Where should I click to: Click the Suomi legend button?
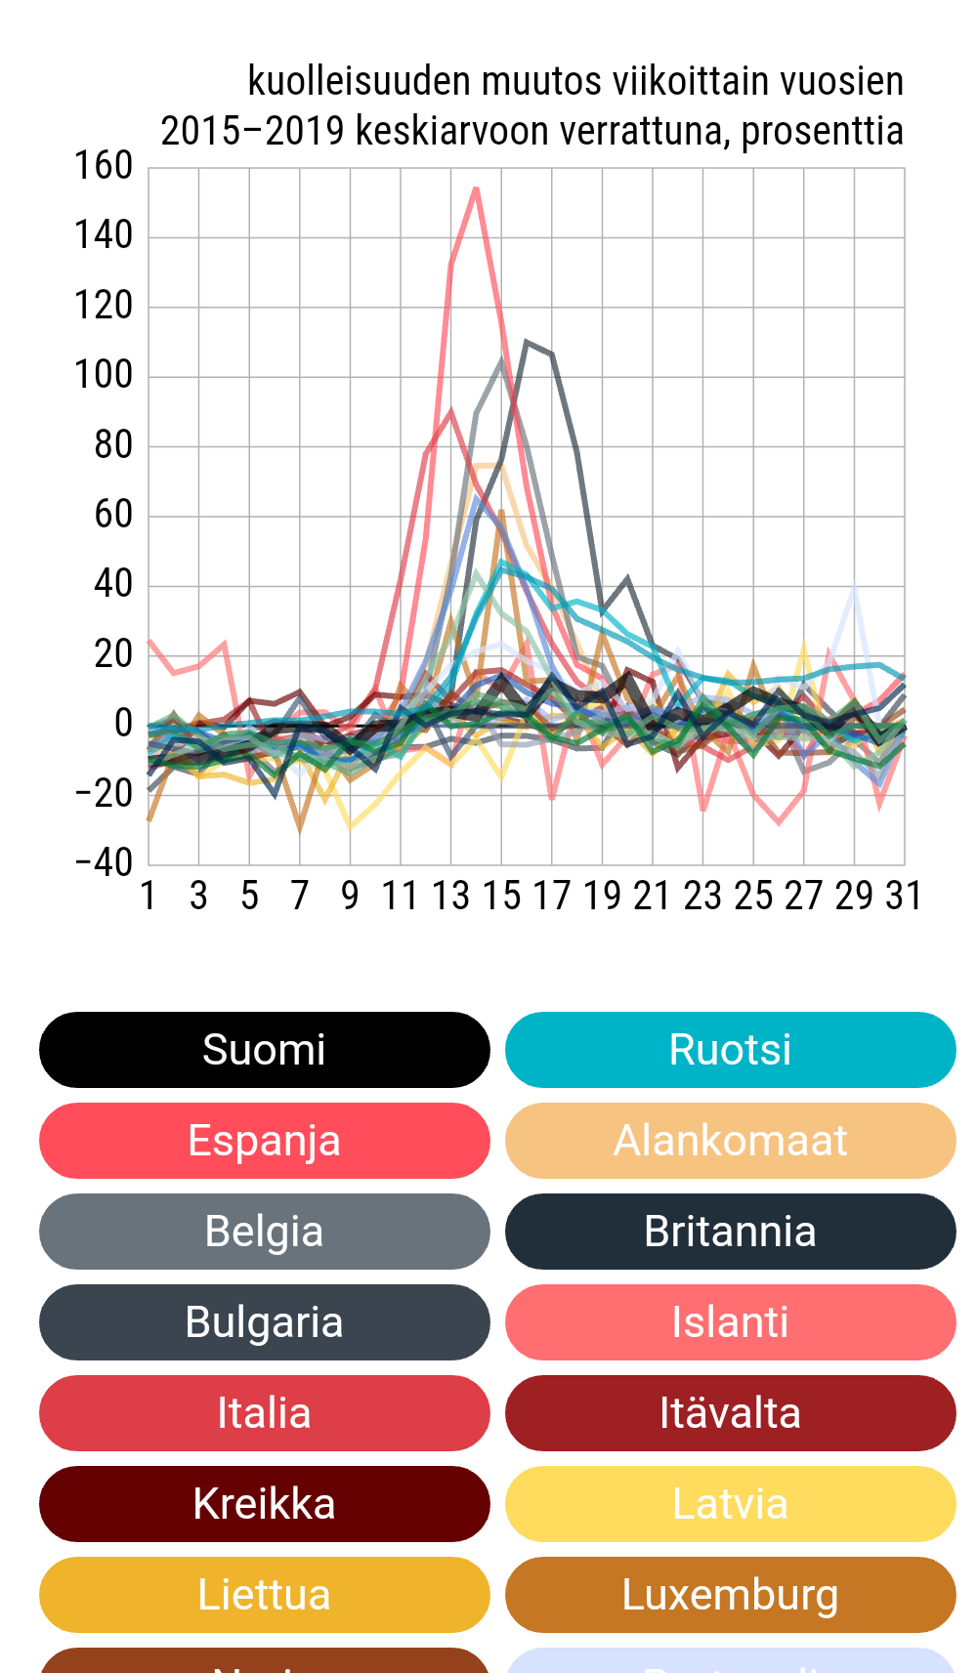264,1050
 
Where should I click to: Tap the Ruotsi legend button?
730,1050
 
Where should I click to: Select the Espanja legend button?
264,1141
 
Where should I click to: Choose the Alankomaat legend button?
730,1141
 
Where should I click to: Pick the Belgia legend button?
264,1232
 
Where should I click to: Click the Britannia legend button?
730,1232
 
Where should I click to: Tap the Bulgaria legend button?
264,1322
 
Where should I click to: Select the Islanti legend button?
730,1322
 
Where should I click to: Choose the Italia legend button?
264,1413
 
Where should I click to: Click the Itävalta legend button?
730,1413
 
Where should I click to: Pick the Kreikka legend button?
264,1504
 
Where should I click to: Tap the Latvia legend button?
730,1504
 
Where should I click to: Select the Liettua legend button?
264,1595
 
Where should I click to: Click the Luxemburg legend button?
730,1595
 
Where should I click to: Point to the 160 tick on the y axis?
104,166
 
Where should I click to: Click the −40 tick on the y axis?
104,863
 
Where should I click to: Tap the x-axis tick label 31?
904,896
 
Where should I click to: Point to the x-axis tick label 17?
551,896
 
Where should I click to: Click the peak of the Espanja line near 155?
476,188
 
